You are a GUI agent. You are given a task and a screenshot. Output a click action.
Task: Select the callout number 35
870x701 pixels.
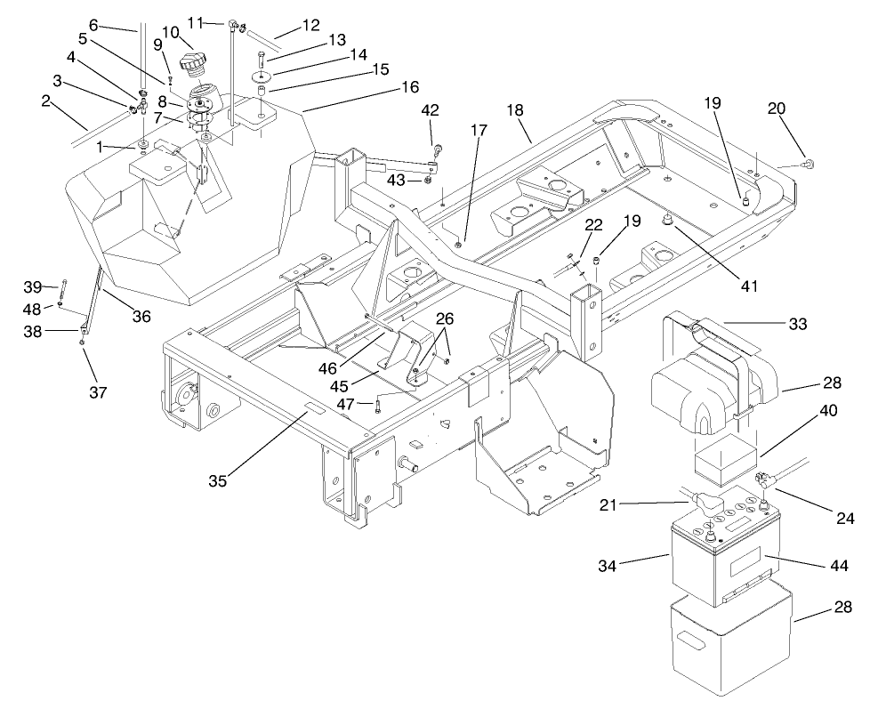coord(218,481)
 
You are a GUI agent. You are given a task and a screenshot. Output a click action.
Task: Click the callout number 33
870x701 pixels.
coord(797,326)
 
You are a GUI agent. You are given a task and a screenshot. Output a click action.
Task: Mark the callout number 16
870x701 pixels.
coord(410,87)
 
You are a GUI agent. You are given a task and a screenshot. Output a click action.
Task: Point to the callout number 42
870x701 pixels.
coord(431,111)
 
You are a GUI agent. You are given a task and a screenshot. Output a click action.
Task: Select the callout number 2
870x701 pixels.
coord(44,101)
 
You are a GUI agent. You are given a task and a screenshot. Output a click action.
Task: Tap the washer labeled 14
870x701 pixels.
coord(262,76)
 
